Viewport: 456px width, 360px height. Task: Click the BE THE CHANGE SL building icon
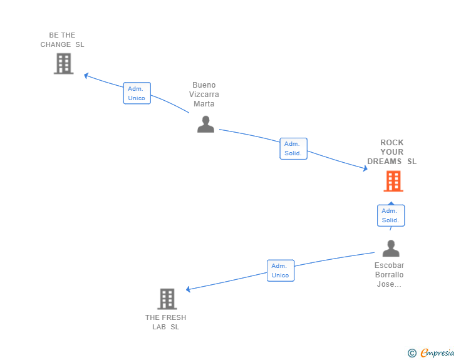(63, 63)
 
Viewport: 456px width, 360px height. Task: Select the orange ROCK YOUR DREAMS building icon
(393, 181)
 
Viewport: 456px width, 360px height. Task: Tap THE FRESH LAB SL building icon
(167, 299)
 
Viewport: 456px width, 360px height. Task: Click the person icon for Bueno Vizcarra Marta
(205, 124)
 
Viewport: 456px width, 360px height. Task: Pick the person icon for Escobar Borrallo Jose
(391, 249)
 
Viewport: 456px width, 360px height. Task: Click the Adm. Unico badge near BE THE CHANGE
(137, 93)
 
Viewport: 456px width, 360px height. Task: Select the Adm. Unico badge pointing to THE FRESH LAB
(280, 270)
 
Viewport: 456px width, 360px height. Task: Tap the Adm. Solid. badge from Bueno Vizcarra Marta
(293, 148)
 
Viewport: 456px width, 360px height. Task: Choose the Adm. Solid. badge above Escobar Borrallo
(390, 215)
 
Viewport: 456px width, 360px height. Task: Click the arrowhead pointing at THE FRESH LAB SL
(189, 289)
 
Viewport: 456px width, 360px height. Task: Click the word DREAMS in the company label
(385, 162)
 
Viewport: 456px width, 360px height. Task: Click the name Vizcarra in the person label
(204, 95)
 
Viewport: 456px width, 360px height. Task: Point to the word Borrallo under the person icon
(389, 275)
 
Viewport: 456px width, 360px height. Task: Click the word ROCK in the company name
(392, 143)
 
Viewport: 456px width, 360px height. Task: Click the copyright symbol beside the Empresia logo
(412, 353)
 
